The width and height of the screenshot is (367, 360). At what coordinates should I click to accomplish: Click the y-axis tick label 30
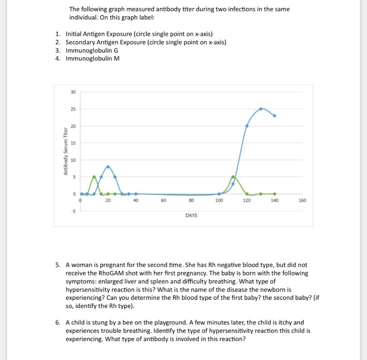click(x=73, y=92)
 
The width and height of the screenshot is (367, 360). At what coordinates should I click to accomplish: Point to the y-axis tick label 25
click(x=73, y=109)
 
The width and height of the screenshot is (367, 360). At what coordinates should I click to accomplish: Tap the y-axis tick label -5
click(x=73, y=211)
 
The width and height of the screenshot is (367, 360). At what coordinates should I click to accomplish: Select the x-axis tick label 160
click(x=302, y=201)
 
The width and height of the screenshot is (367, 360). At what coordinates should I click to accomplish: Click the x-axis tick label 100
click(x=219, y=201)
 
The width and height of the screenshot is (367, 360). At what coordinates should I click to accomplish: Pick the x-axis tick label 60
click(x=163, y=201)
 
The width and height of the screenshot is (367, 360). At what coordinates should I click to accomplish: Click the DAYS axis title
click(x=191, y=215)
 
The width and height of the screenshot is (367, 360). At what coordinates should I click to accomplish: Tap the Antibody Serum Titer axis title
click(x=66, y=151)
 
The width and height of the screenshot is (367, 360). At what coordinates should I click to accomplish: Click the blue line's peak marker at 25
click(x=261, y=109)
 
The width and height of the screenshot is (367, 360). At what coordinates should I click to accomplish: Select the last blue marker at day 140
click(x=275, y=116)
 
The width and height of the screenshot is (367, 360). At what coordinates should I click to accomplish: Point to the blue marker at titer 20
click(x=247, y=126)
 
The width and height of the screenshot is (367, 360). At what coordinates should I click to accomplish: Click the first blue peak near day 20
click(x=108, y=167)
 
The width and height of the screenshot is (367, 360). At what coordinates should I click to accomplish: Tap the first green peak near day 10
click(x=94, y=177)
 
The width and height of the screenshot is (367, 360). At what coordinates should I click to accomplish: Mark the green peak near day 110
click(x=233, y=177)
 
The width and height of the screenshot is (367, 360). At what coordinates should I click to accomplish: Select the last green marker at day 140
click(x=275, y=194)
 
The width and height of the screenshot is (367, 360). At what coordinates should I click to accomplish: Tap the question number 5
click(x=58, y=265)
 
